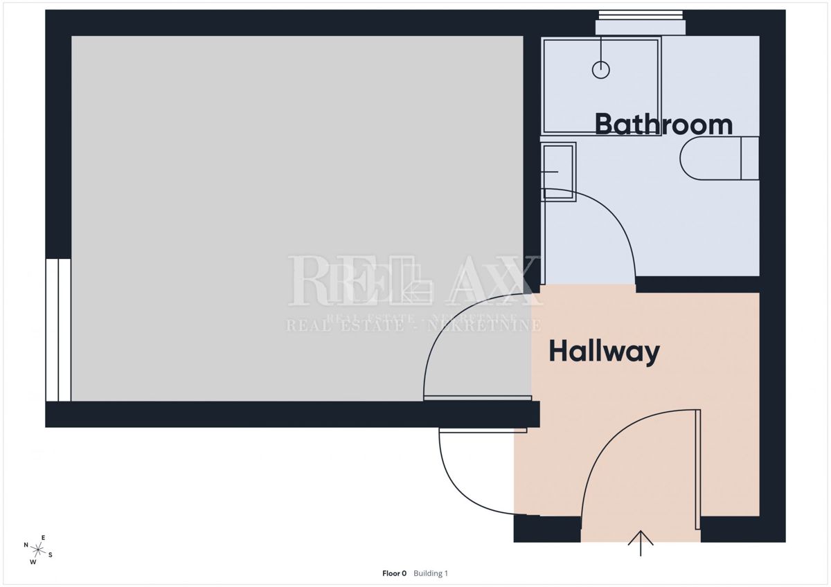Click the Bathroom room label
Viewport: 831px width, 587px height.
[x=663, y=125]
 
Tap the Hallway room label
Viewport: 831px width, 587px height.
[x=604, y=352]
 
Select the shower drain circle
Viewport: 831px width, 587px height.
[x=601, y=69]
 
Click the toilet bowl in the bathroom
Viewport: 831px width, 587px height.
[x=710, y=159]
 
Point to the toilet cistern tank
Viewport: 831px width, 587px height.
[x=750, y=159]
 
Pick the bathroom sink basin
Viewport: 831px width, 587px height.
[x=559, y=171]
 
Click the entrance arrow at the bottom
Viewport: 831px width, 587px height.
[x=641, y=543]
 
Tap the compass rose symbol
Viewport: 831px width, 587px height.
[x=39, y=550]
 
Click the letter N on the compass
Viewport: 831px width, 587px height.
[x=26, y=545]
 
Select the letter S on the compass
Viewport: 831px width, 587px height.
[x=51, y=554]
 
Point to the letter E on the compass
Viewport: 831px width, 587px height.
[x=43, y=538]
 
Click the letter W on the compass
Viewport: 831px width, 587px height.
[x=33, y=562]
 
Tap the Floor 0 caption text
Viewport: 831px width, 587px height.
[x=395, y=573]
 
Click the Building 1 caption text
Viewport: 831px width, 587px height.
[x=431, y=573]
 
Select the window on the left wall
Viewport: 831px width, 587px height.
[x=58, y=329]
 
